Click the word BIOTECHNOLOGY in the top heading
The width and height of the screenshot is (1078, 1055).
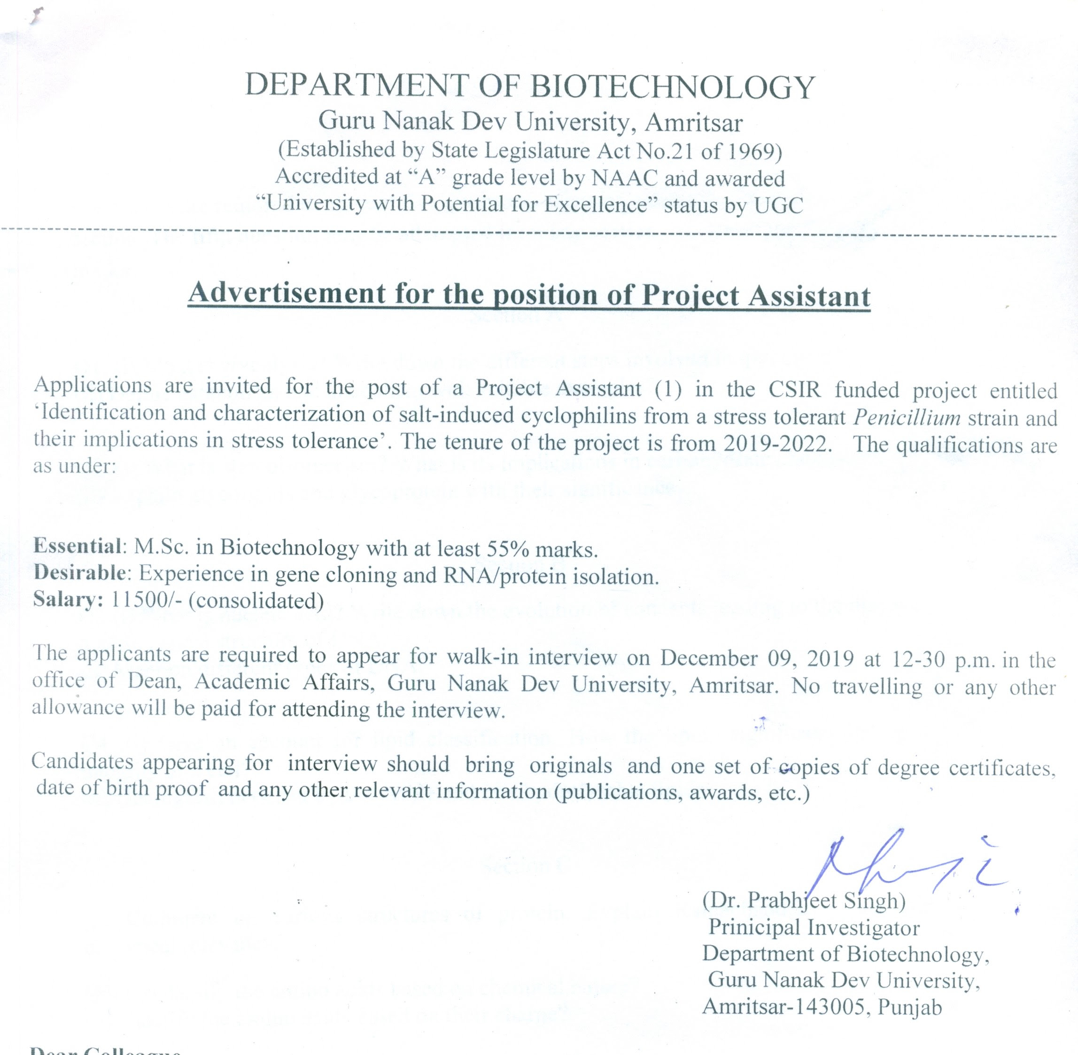pyautogui.click(x=673, y=87)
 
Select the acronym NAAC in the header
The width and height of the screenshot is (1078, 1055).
pyautogui.click(x=624, y=178)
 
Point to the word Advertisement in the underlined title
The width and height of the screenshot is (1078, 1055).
pyautogui.click(x=286, y=293)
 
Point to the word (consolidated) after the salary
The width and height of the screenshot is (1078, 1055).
pyautogui.click(x=256, y=601)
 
